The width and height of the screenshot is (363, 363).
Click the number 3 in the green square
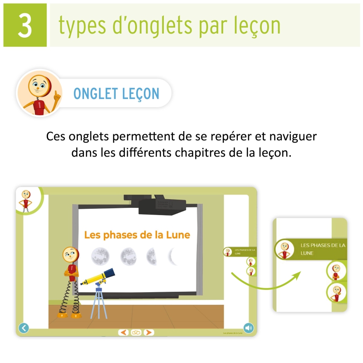click(x=25, y=25)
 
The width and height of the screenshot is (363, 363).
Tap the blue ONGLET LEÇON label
click(x=116, y=93)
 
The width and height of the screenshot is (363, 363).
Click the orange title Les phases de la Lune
click(x=137, y=235)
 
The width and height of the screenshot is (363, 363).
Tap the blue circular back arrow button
click(x=24, y=328)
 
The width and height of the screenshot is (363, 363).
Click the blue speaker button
click(x=248, y=328)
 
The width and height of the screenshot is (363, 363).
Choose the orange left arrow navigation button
click(x=123, y=332)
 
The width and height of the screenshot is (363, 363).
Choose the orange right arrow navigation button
click(x=148, y=332)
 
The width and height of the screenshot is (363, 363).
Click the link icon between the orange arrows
click(x=136, y=332)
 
